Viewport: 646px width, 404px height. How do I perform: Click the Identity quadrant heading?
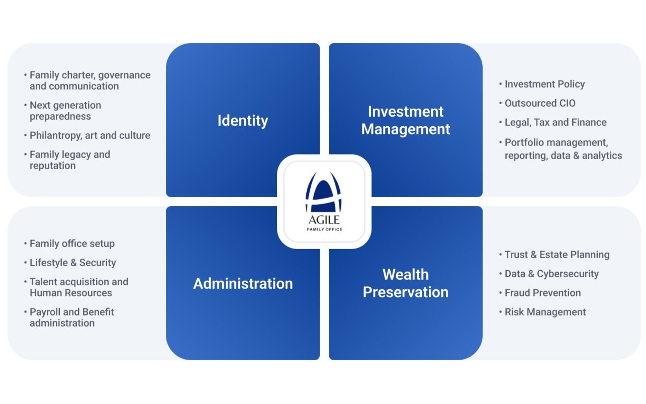243,121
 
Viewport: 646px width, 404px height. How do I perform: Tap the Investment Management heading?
406,120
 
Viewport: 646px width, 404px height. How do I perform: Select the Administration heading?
243,283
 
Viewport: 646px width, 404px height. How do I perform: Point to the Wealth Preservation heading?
406,283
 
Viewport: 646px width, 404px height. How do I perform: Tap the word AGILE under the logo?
324,220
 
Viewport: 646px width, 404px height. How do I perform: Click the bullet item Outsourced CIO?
540,103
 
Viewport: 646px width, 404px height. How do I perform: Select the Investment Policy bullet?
544,84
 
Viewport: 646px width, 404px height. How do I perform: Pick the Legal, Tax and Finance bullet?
556,122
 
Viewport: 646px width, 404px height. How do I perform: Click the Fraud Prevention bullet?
542,293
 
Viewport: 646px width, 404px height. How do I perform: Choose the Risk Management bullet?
545,312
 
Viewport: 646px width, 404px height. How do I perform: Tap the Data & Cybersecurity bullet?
551,274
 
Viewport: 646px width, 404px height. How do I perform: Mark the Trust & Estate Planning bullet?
557,255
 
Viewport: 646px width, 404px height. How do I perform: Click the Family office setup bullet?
72,244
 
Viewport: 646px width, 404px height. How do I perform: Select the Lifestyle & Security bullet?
72,263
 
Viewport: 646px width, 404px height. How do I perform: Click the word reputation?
52,166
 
